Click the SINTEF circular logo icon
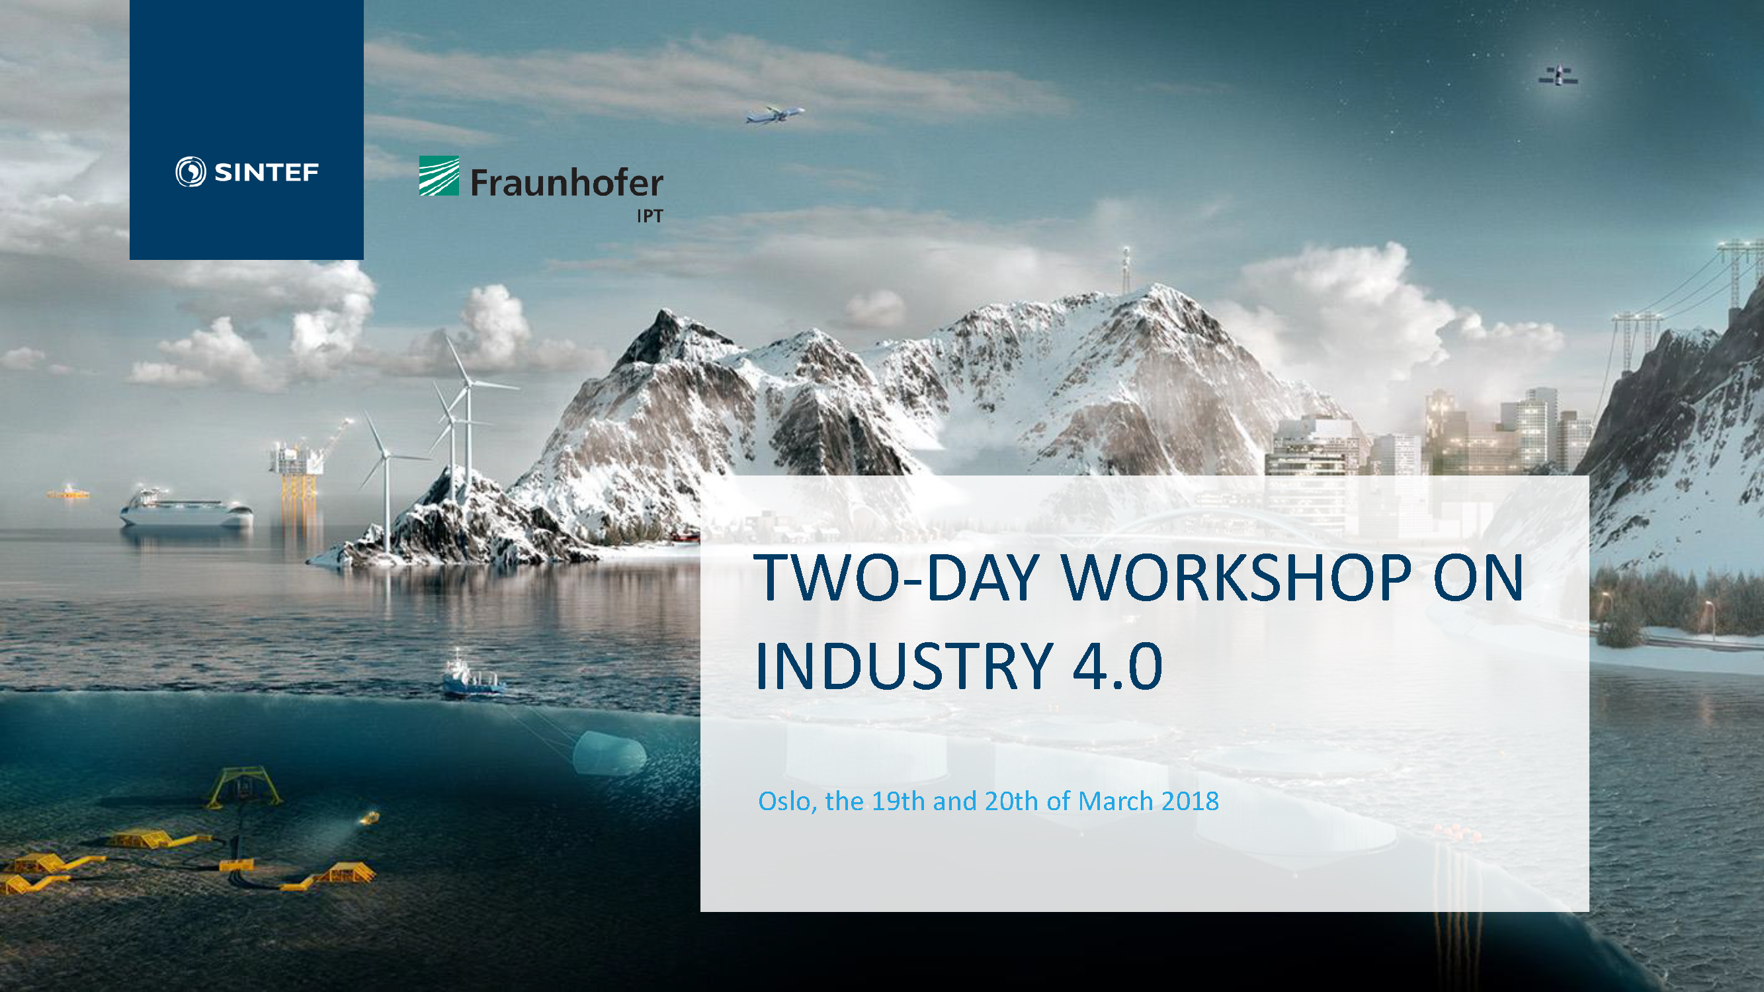point(190,172)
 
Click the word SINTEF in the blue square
point(267,173)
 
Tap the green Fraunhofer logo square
point(439,176)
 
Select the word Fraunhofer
point(566,183)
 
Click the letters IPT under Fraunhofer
point(650,216)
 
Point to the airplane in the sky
point(775,115)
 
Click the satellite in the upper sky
point(1558,75)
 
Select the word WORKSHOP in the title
point(1236,578)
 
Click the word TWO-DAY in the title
point(896,578)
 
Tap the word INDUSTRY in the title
point(903,665)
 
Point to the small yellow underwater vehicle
point(370,817)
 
